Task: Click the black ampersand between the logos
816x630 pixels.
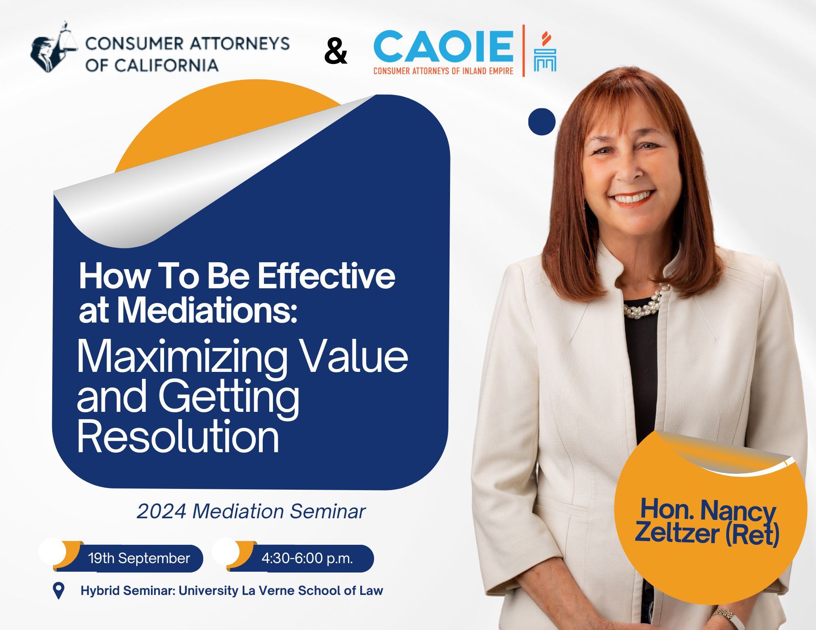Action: (x=336, y=52)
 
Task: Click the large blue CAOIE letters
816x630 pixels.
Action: (x=443, y=46)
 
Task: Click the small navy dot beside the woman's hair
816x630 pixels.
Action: (x=542, y=122)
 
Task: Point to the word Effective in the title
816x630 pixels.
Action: (x=326, y=276)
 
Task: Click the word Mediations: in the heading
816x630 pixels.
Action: (x=208, y=310)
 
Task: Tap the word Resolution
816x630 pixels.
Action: (x=178, y=437)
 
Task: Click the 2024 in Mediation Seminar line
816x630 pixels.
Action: (x=162, y=511)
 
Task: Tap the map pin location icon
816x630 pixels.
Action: (x=59, y=591)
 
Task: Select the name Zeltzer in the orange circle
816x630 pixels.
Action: (x=678, y=533)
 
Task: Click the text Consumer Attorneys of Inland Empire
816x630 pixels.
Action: (x=443, y=71)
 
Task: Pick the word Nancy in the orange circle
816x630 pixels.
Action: (x=738, y=511)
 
